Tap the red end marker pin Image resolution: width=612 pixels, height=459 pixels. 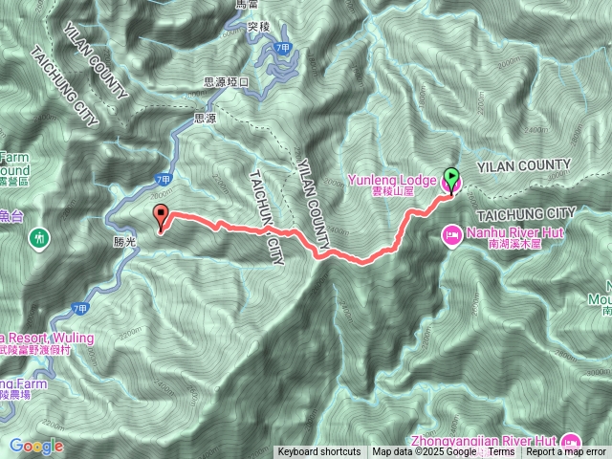click(x=161, y=216)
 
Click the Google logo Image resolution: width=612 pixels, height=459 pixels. click(x=36, y=446)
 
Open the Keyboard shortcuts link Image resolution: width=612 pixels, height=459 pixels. click(x=319, y=452)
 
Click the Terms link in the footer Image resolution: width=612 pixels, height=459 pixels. click(x=501, y=452)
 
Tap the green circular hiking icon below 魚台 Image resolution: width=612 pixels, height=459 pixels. click(x=39, y=235)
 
